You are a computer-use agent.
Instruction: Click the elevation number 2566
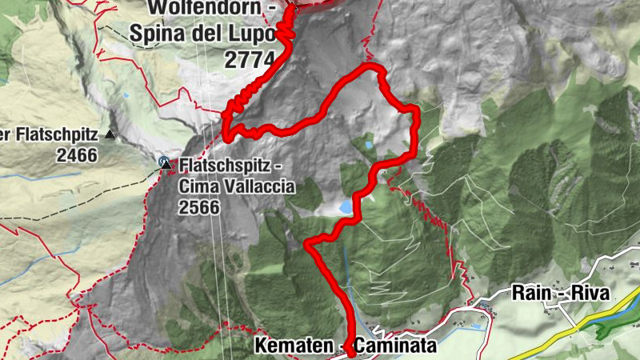click(x=200, y=206)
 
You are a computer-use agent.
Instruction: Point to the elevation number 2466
click(x=77, y=154)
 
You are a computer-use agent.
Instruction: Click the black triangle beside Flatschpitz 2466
click(x=110, y=135)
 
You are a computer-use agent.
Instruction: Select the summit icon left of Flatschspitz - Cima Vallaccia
click(x=165, y=162)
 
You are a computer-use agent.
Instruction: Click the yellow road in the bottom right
click(x=552, y=336)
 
